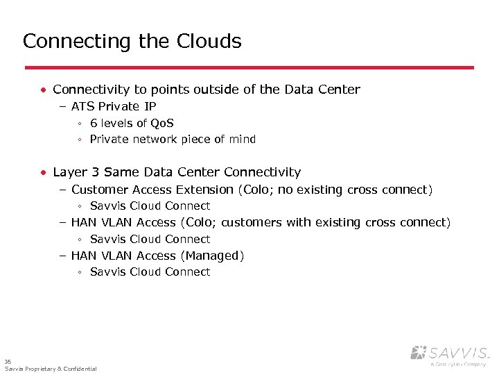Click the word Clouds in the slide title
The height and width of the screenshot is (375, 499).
(x=210, y=42)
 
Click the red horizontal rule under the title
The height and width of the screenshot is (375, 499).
(x=249, y=67)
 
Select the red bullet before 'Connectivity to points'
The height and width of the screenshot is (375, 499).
(x=44, y=90)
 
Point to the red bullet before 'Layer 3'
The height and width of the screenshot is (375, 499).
(x=44, y=172)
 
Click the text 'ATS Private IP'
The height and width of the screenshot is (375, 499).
(x=114, y=106)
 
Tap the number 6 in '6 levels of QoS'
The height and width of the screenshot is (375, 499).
(x=94, y=123)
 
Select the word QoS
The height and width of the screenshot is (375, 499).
(x=162, y=123)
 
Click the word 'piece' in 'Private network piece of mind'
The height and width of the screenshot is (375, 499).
(x=196, y=140)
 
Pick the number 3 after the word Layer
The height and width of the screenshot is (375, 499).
(x=95, y=172)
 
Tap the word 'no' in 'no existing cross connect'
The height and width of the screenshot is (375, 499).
(x=286, y=190)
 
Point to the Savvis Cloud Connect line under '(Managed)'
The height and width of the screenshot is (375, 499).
(x=150, y=272)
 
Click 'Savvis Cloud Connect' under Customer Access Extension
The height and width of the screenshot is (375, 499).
(x=150, y=206)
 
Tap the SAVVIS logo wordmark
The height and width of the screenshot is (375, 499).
(x=457, y=352)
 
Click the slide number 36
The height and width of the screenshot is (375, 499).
(x=8, y=362)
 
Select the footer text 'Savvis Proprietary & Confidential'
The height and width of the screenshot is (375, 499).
(x=51, y=369)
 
